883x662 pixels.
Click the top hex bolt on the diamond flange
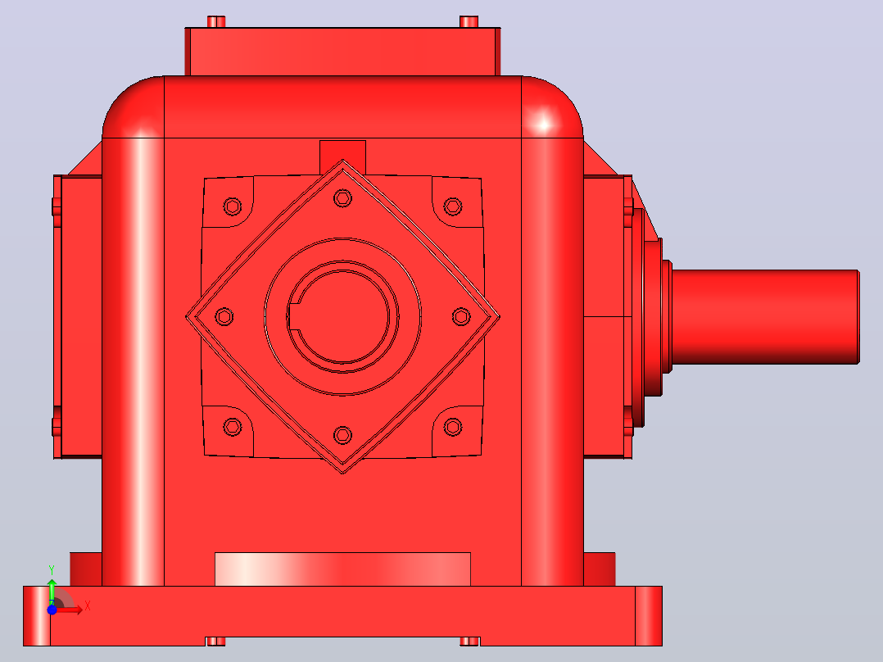(x=342, y=197)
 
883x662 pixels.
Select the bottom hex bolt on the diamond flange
(x=342, y=435)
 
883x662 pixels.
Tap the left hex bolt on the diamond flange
(x=224, y=316)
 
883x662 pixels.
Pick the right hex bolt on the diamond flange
(x=461, y=316)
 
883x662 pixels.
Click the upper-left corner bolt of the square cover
(x=233, y=206)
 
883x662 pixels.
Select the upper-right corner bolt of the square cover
(x=453, y=206)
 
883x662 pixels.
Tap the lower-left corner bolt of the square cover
(x=233, y=427)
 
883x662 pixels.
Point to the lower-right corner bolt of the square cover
(x=453, y=427)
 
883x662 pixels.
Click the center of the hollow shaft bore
(x=343, y=316)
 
